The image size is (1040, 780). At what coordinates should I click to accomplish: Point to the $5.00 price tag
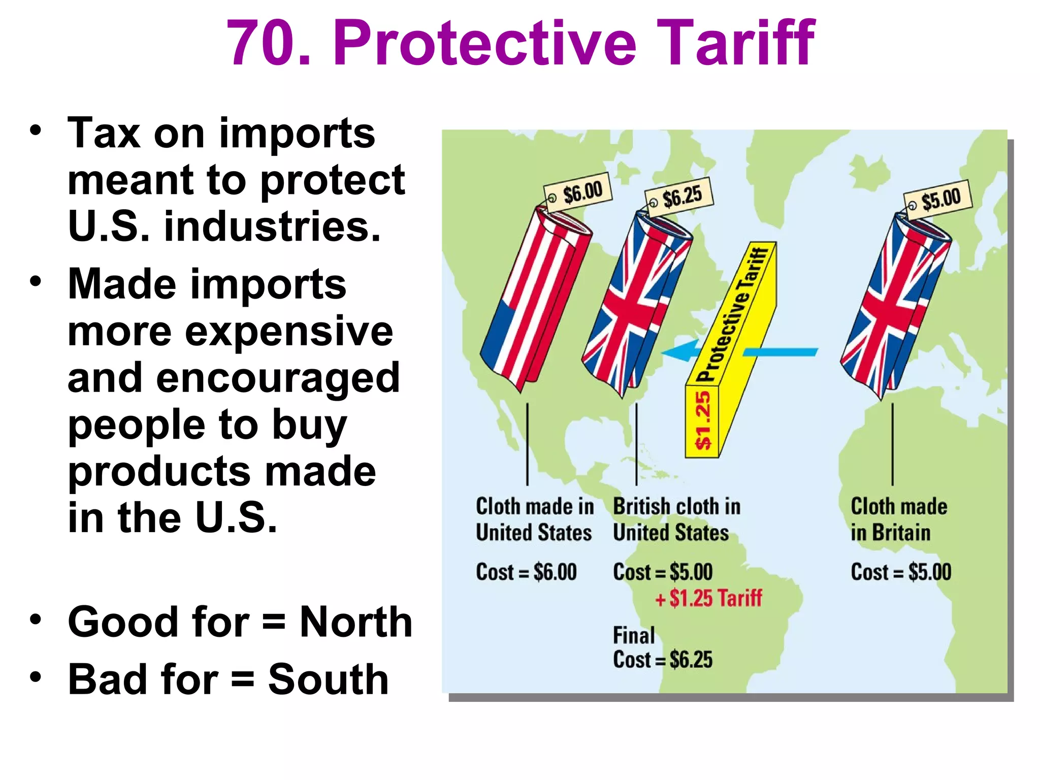[x=938, y=199]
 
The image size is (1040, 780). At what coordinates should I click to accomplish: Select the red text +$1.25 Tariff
[x=709, y=598]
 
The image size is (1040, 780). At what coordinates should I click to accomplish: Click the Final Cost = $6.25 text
[x=662, y=648]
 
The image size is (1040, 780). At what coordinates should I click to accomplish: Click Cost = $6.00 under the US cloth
[x=526, y=572]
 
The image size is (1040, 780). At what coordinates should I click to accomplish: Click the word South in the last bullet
[x=328, y=679]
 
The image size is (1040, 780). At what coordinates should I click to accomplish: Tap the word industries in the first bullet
[x=272, y=226]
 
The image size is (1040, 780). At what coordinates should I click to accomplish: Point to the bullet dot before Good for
[x=35, y=619]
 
